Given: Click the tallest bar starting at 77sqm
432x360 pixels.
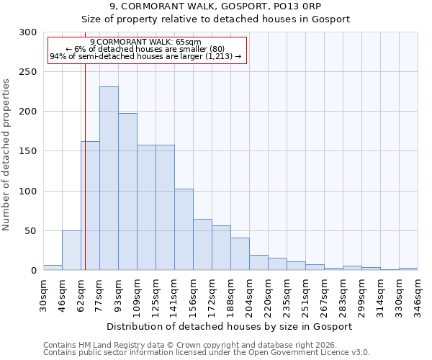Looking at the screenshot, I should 109,179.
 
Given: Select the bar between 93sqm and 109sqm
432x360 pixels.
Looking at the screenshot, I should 127,192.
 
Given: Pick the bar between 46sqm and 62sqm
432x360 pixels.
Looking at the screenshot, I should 71,251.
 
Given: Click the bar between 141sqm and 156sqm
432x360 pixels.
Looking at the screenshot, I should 184,230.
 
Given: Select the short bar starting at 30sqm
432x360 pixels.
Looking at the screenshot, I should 53,268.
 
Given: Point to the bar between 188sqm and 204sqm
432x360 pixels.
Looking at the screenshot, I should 240,254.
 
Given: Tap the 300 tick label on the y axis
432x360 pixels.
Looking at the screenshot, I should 28,32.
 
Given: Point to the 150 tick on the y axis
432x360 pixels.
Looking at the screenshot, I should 28,151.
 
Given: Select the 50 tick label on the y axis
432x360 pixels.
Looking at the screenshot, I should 31,231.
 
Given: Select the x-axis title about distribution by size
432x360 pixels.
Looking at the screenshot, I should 230,326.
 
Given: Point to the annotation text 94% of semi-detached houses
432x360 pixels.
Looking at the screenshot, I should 145,56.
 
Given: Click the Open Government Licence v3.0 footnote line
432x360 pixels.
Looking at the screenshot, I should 206,352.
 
